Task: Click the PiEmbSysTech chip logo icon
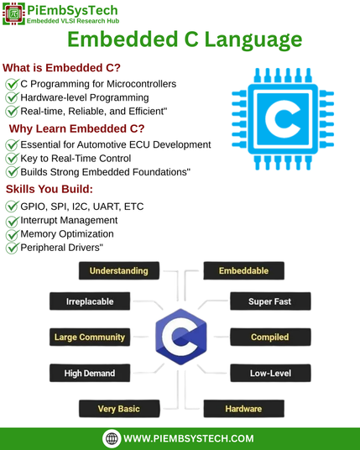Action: click(x=13, y=13)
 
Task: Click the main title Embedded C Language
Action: click(x=185, y=40)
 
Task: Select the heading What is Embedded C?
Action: click(x=61, y=68)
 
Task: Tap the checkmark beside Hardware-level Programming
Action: click(x=12, y=97)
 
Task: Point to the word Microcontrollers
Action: click(x=142, y=84)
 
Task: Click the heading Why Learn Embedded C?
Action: click(x=76, y=128)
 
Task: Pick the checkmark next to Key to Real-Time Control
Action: click(x=12, y=158)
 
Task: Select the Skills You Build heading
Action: click(x=50, y=189)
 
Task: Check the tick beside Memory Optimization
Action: click(x=12, y=234)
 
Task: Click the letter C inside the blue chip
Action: click(x=282, y=119)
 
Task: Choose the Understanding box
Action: click(x=119, y=270)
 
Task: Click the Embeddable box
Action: click(x=244, y=270)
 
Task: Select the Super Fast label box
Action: click(x=270, y=301)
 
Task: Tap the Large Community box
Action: click(x=90, y=337)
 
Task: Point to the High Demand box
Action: click(x=90, y=373)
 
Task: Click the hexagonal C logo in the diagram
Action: click(x=181, y=337)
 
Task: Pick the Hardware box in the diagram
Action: click(x=244, y=409)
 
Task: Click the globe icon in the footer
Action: click(x=112, y=438)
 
